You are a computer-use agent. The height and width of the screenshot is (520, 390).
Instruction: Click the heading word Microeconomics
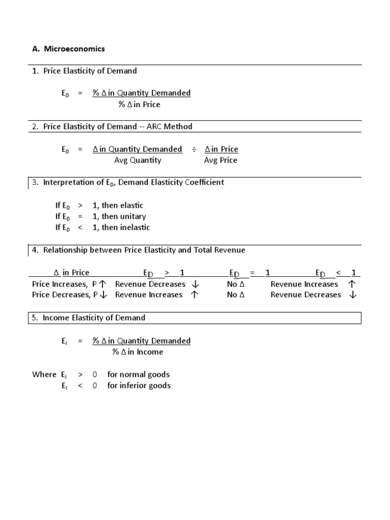(75, 49)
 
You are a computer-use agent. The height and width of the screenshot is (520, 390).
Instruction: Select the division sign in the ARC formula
(193, 149)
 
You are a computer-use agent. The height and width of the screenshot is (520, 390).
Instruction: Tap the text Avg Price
(220, 160)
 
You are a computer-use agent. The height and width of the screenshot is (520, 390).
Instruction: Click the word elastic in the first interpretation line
(132, 206)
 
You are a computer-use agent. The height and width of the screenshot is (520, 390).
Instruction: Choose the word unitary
(134, 217)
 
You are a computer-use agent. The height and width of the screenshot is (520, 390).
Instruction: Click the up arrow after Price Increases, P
(103, 284)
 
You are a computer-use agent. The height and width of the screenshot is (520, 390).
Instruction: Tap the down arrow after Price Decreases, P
(104, 295)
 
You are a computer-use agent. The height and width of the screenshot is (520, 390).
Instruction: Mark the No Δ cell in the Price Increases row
(236, 284)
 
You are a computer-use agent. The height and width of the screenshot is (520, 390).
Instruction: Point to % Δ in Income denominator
(138, 352)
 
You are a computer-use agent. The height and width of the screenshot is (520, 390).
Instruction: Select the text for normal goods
(139, 375)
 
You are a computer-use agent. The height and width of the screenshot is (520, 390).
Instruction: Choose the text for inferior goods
(139, 386)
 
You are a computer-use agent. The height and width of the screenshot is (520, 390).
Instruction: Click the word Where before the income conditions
(44, 375)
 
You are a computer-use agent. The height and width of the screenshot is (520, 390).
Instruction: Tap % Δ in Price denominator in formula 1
(139, 105)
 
